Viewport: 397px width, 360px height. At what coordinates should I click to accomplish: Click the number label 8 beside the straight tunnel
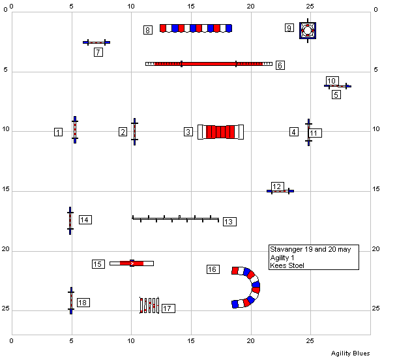pos(147,30)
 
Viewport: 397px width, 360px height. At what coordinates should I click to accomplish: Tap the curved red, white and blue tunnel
pos(256,287)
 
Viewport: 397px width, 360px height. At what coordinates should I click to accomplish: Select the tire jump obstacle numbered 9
pos(308,31)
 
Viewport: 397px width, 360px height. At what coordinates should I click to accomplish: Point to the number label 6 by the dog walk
pos(280,65)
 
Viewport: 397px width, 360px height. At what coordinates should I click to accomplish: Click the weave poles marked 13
pos(175,218)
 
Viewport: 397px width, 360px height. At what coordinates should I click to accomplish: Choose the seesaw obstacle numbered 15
pos(132,263)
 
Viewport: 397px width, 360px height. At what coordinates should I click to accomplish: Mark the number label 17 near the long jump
pos(168,308)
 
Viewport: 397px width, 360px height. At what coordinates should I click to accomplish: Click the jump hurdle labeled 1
pos(75,130)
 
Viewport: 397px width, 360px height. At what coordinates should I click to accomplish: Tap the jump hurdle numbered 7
pos(96,42)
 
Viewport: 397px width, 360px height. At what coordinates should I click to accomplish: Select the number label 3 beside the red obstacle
pos(188,132)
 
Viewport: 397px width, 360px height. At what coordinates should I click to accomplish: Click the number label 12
pos(278,187)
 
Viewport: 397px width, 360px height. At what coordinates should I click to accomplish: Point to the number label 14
pos(85,220)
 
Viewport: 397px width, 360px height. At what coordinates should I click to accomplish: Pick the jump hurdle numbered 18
pos(71,301)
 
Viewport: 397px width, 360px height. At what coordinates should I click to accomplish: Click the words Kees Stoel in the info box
pos(287,265)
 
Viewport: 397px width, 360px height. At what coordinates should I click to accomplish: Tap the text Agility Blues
pos(351,353)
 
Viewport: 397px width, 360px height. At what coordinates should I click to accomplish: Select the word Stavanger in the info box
pos(286,250)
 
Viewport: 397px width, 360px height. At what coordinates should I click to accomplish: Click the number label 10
pos(332,81)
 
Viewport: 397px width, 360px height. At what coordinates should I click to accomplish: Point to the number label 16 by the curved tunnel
pos(213,269)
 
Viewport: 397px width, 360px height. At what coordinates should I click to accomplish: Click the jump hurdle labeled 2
pos(135,132)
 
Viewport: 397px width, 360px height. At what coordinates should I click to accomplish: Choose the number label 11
pos(315,133)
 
